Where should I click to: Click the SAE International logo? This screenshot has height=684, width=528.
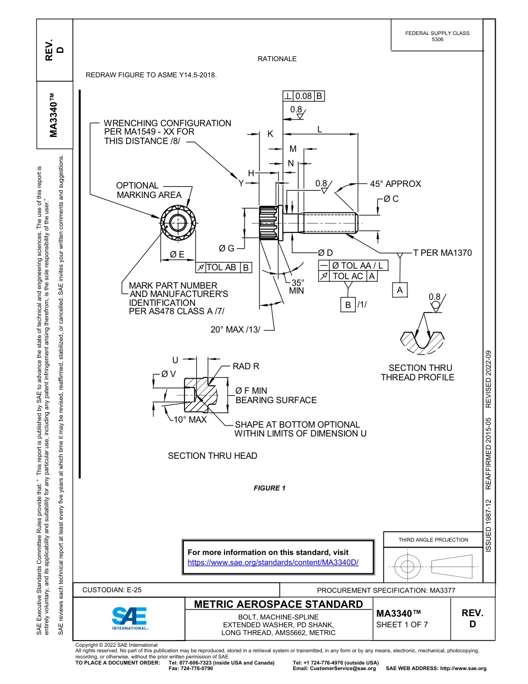129,617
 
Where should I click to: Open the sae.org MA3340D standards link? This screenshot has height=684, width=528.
273,562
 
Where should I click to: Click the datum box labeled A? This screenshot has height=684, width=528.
399,290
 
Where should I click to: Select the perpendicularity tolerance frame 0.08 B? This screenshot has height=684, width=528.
303,96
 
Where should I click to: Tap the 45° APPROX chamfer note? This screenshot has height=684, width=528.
395,184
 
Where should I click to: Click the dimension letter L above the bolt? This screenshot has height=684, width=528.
320,129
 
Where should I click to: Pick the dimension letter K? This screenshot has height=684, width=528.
270,134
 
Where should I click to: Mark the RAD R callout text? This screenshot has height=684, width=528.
246,366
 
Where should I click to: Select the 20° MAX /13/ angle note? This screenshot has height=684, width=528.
235,330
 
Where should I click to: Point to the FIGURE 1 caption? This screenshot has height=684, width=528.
270,488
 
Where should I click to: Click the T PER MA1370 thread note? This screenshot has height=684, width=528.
442,253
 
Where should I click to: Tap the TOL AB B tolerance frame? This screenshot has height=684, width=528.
223,267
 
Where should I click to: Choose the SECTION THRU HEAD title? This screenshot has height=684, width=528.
212,456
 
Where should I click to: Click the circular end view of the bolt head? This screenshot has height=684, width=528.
177,222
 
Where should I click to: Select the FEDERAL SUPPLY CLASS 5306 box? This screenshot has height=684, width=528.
437,36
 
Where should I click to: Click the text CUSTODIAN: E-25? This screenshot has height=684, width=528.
116,590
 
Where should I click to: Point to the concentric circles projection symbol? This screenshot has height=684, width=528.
408,567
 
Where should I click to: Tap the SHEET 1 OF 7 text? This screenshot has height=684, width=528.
402,624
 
